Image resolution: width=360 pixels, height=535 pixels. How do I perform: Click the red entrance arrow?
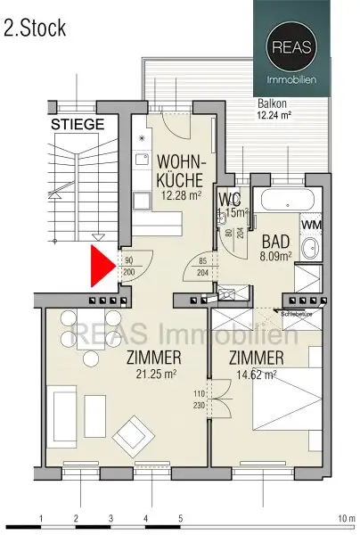pos(103,267)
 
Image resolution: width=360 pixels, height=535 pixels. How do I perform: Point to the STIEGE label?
pos(78,124)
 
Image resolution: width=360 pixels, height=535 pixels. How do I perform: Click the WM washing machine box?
pos(311,225)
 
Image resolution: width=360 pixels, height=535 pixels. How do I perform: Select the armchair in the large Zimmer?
pos(132,433)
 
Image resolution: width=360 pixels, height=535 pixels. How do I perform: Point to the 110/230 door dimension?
pos(198,398)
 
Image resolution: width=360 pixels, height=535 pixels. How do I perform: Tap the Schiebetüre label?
pos(296,314)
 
